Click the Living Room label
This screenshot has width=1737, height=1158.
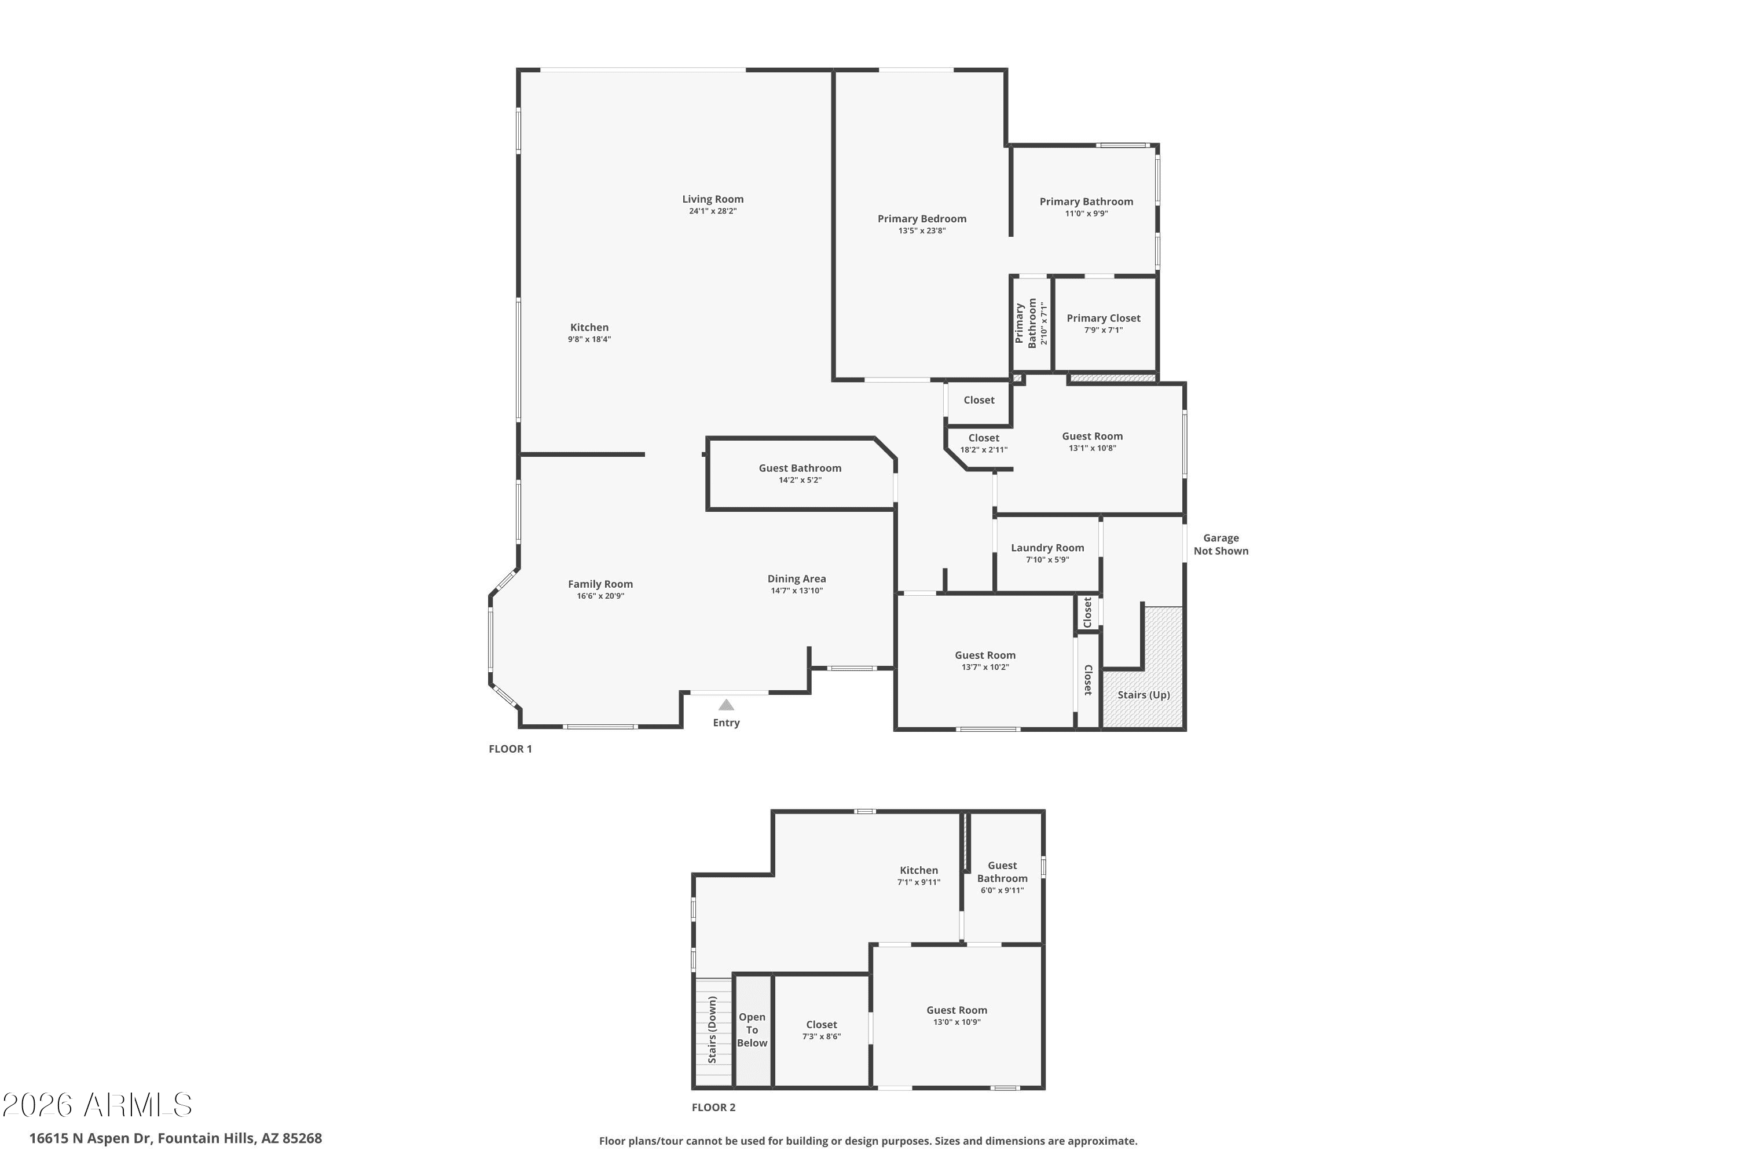click(x=712, y=199)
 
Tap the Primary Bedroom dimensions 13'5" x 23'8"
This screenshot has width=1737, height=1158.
click(x=922, y=230)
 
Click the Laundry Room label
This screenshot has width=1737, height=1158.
click(x=1047, y=548)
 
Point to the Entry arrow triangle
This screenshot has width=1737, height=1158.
click(x=726, y=705)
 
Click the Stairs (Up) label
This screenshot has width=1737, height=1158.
click(x=1143, y=695)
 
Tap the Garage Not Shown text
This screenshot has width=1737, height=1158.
click(x=1221, y=544)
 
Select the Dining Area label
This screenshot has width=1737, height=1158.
click(x=796, y=579)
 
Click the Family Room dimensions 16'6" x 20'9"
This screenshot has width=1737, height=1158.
click(x=600, y=596)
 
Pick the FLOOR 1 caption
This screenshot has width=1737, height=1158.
click(x=510, y=749)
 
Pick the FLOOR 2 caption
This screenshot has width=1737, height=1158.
click(x=713, y=1107)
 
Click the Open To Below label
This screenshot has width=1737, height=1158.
click(x=752, y=1029)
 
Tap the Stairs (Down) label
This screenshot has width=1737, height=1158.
click(x=713, y=1029)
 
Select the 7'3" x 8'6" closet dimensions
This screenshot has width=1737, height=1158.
click(x=821, y=1036)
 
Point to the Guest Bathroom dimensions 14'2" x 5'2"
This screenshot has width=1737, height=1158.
click(x=800, y=480)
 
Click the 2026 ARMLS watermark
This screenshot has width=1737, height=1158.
click(x=97, y=1105)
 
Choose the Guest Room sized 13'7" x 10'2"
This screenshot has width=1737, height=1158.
click(x=984, y=655)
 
